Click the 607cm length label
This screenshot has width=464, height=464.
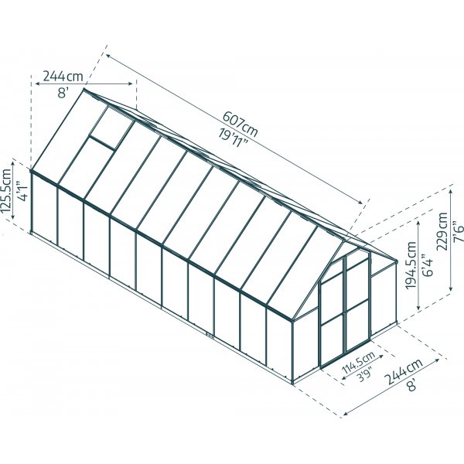click(239, 122)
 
